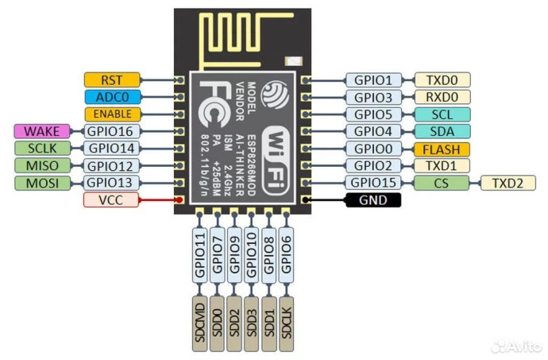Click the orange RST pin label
(113, 79)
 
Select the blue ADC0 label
(113, 97)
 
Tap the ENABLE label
(113, 114)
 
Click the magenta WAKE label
(42, 131)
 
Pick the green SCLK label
(42, 149)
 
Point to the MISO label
(42, 165)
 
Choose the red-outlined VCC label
(113, 200)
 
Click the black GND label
(373, 200)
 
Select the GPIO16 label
(113, 131)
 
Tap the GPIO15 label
(373, 183)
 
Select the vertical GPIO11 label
(199, 254)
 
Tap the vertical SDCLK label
(287, 323)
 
